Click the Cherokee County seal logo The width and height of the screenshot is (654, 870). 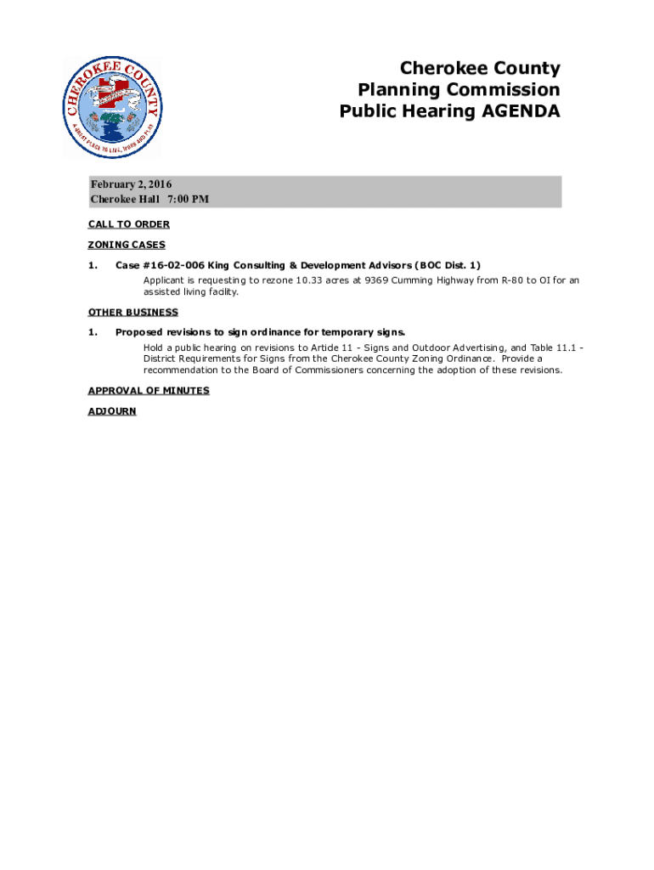[x=111, y=108]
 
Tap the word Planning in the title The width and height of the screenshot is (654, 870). [x=398, y=90]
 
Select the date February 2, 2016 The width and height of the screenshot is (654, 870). [x=132, y=184]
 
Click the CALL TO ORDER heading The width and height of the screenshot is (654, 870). [x=128, y=224]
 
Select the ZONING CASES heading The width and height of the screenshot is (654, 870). [x=127, y=245]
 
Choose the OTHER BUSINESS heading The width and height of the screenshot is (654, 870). [x=132, y=313]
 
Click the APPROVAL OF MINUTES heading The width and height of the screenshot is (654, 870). [x=149, y=391]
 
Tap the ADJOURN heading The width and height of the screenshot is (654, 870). [x=112, y=411]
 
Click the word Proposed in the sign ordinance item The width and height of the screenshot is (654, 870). [x=139, y=332]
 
